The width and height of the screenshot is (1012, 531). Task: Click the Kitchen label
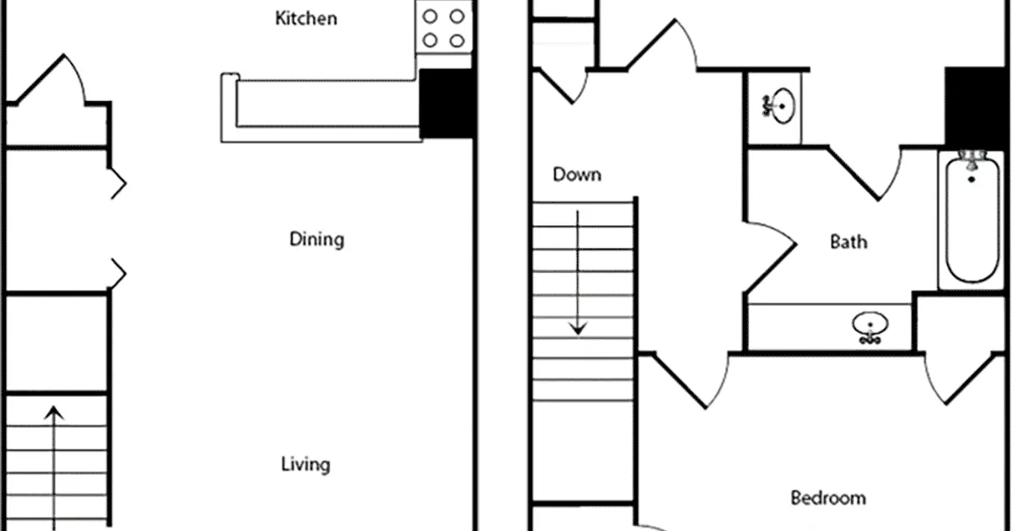click(306, 19)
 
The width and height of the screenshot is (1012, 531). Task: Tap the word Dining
click(317, 239)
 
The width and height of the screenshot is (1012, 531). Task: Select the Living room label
click(305, 464)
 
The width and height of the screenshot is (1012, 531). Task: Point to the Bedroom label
click(828, 497)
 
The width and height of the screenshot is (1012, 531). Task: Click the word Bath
click(848, 242)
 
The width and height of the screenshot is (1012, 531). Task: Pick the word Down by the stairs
click(577, 174)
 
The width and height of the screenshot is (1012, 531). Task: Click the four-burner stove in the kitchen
click(444, 28)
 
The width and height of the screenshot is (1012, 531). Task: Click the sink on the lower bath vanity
click(870, 327)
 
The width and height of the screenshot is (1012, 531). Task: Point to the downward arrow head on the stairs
click(578, 328)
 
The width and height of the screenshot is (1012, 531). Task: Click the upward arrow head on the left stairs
click(54, 413)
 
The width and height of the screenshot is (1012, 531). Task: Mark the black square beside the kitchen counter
click(447, 104)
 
